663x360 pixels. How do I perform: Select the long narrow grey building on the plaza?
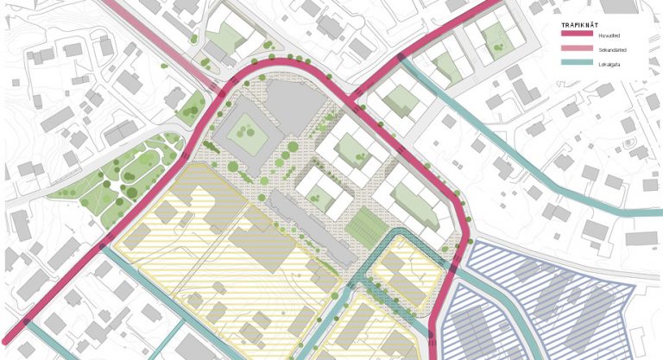tap(312, 229)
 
